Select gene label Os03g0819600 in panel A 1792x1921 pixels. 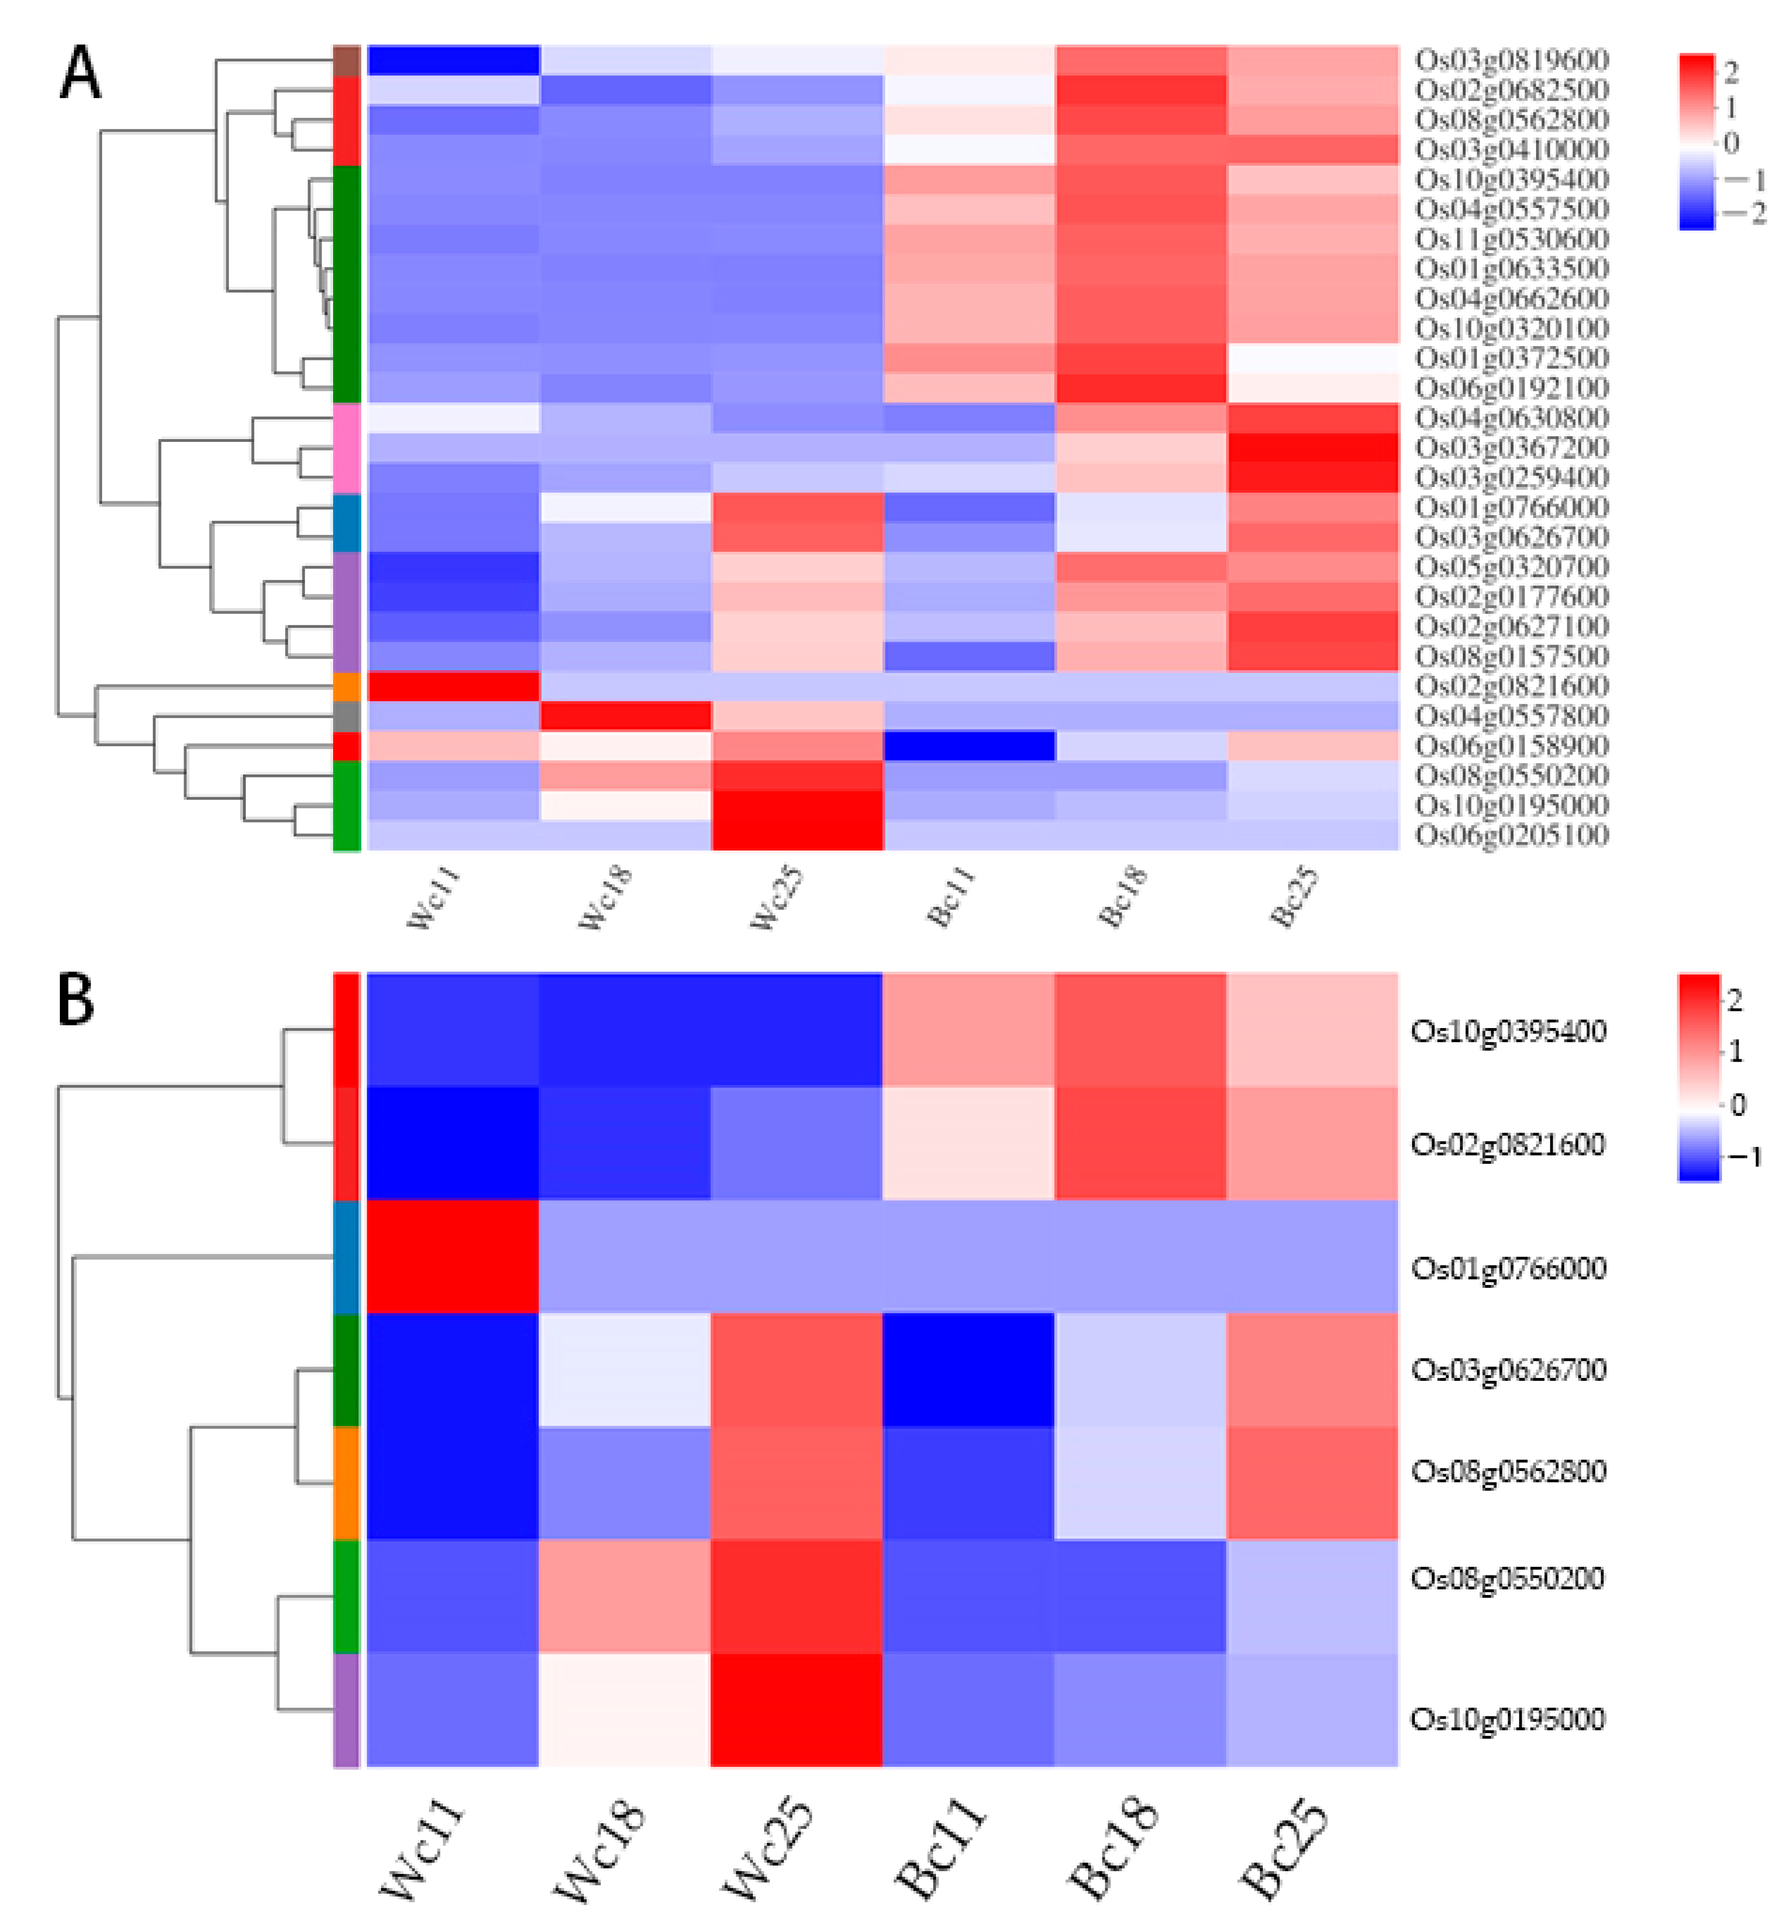[1511, 60]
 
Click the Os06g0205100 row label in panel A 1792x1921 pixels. [1511, 835]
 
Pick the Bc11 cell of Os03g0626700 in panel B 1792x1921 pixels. [968, 1369]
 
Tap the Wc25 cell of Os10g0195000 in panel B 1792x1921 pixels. [796, 1710]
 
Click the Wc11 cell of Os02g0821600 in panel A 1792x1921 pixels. [452, 686]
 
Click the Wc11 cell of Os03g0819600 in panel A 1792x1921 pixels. [452, 60]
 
